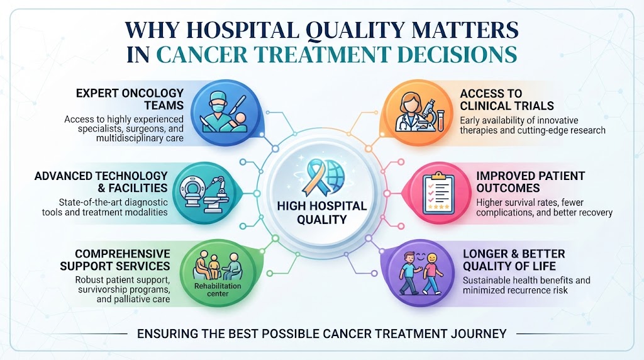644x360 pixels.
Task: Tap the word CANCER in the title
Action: coord(202,55)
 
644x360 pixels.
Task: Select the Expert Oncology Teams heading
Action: coord(130,99)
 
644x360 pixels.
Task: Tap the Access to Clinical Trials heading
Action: coord(507,99)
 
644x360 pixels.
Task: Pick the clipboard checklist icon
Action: coord(438,193)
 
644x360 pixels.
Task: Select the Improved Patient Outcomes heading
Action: coord(530,182)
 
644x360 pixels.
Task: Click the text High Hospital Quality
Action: coord(321,213)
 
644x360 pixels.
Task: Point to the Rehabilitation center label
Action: coord(218,290)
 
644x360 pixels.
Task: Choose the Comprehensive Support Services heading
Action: coord(115,260)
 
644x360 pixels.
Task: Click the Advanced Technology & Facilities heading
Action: coord(101,182)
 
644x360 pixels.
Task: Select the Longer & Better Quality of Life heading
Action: coord(514,260)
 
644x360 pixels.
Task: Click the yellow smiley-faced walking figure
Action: coord(432,273)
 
